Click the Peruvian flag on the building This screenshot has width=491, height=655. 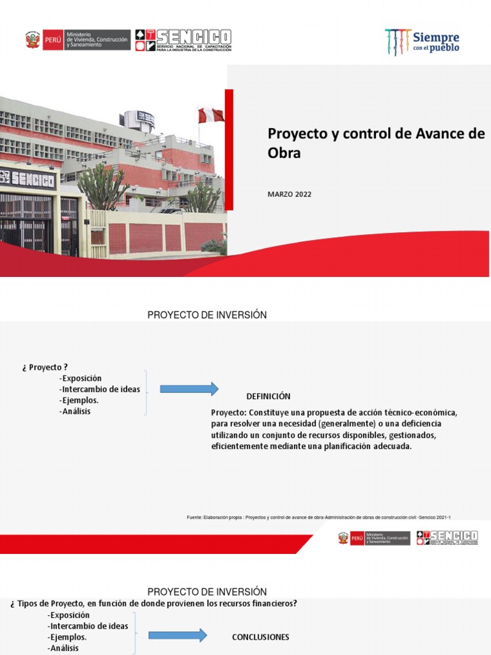[x=211, y=115]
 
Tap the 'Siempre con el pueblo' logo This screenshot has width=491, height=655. [x=422, y=42]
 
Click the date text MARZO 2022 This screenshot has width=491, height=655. [x=289, y=194]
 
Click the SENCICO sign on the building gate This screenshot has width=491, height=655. [x=29, y=177]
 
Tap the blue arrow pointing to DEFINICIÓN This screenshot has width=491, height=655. [x=189, y=389]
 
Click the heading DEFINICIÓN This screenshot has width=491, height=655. [x=269, y=397]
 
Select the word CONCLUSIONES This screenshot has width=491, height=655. [x=260, y=637]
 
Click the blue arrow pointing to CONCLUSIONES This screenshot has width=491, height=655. [x=178, y=635]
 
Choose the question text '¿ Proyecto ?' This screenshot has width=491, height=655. [x=45, y=367]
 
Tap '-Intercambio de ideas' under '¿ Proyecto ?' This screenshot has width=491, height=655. [x=99, y=389]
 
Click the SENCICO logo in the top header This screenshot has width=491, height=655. [x=183, y=40]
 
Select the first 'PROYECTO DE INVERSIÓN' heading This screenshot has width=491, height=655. [x=207, y=315]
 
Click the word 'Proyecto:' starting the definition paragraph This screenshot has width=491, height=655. [x=229, y=412]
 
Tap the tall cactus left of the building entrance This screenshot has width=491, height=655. [x=102, y=185]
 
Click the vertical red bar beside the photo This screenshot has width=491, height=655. [x=229, y=150]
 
